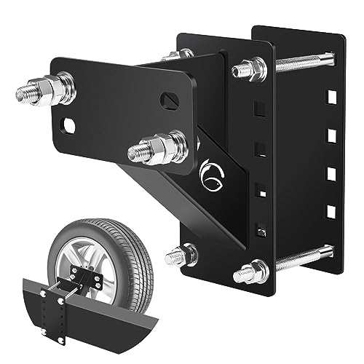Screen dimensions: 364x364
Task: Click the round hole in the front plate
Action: [68, 125]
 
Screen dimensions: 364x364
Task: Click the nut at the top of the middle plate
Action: [250, 70]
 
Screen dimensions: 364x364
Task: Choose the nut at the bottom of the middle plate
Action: [250, 272]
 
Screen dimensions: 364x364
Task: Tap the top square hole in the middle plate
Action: [256, 109]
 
